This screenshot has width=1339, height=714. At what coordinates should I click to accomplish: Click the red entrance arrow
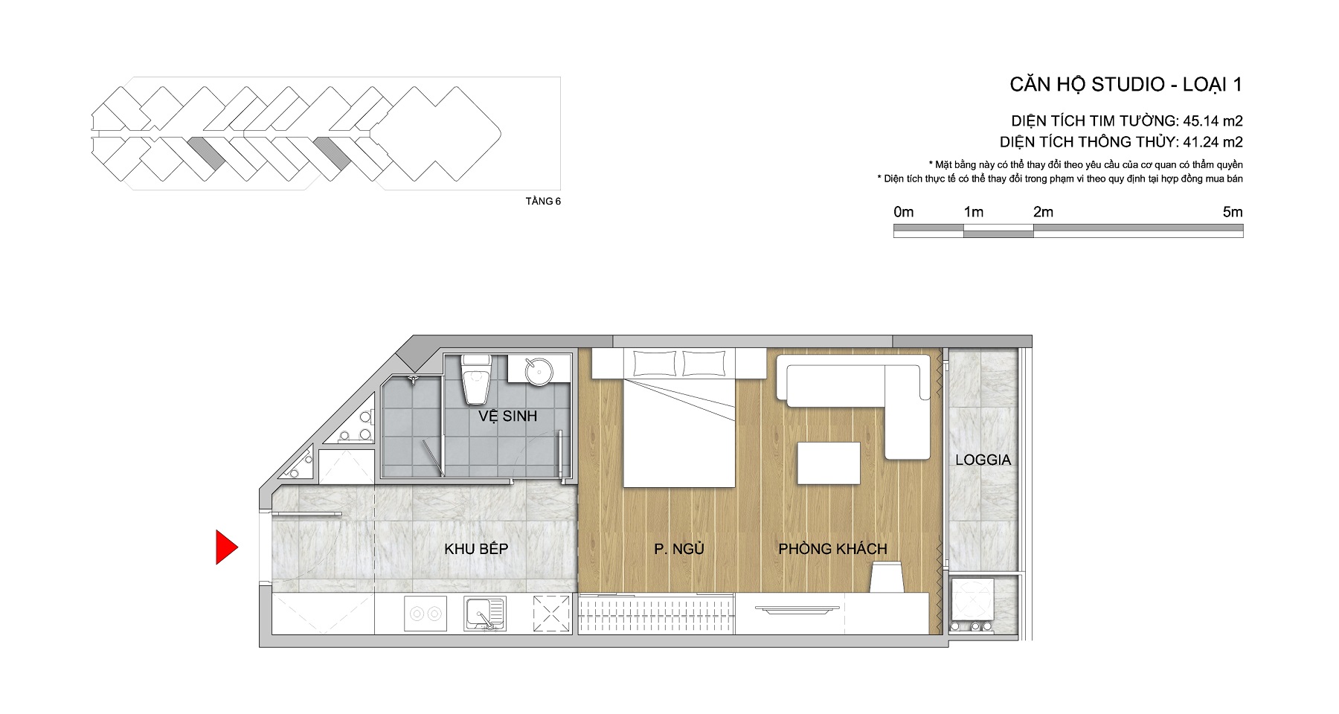tap(226, 547)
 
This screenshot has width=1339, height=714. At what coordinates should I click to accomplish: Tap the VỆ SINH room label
tap(507, 416)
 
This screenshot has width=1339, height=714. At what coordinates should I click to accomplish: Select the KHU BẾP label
tap(476, 549)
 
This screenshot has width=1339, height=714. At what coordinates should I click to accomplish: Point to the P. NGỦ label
tap(679, 549)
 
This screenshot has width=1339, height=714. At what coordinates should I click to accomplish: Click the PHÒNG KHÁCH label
tap(832, 549)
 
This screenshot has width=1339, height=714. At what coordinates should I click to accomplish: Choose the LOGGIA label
tap(983, 460)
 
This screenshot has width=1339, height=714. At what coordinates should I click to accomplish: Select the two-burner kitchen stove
tap(426, 614)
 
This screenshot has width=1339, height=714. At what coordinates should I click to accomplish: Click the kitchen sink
tap(484, 614)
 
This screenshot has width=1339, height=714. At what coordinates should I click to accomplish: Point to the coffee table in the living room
tap(829, 463)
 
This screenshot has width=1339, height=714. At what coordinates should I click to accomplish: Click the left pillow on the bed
tap(655, 364)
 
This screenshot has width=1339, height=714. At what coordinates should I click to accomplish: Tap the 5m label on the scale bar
tap(1233, 212)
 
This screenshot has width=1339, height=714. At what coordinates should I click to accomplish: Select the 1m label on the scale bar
tap(973, 212)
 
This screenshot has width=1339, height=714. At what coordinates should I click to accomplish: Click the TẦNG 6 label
tap(543, 201)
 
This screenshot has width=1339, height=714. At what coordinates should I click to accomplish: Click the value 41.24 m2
tap(1213, 141)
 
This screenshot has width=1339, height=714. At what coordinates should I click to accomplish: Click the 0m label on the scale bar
tap(904, 212)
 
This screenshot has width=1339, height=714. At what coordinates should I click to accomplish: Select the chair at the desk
tap(886, 577)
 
